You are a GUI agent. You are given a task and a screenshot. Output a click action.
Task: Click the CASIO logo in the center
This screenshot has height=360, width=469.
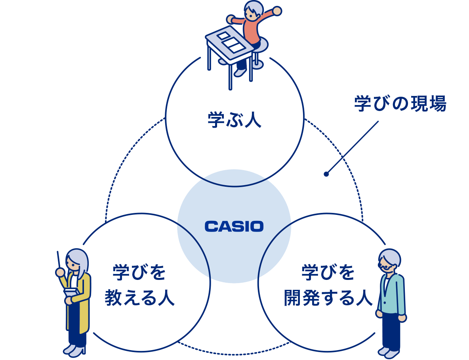coord(234,226)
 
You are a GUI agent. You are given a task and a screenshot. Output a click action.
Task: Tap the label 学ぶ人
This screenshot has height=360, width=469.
coord(234,120)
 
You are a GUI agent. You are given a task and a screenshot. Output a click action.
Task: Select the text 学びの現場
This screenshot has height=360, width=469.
coord(400,104)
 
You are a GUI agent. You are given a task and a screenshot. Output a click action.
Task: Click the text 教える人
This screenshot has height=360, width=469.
coord(139,298)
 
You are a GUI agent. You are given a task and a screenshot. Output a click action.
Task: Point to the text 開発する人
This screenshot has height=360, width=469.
coord(328,298)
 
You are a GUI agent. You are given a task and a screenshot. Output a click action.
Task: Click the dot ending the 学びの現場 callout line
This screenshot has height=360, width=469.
coord(326,174)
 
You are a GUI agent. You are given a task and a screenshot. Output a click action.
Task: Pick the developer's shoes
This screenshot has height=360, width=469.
coord(388,352)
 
